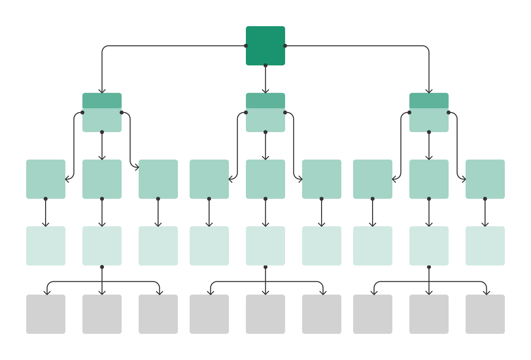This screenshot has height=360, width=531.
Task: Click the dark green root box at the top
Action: (265, 46)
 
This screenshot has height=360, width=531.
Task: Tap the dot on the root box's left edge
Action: (246, 46)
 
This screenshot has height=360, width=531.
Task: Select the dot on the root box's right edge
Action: (285, 46)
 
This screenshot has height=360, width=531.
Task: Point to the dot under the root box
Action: (265, 65)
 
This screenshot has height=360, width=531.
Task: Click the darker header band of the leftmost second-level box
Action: (102, 100)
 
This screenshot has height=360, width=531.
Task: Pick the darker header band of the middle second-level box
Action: (265, 100)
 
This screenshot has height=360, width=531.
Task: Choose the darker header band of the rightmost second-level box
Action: (429, 100)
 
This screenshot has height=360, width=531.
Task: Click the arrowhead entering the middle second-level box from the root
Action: (265, 91)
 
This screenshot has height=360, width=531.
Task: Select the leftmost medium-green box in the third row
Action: (46, 179)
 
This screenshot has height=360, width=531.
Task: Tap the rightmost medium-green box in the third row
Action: (485, 179)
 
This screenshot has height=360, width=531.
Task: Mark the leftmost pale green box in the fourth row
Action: (46, 246)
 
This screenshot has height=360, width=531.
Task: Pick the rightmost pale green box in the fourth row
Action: (485, 246)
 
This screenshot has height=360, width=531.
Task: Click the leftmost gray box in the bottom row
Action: (46, 314)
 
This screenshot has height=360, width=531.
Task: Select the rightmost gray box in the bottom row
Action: (485, 314)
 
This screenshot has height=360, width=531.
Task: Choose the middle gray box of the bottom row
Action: (265, 314)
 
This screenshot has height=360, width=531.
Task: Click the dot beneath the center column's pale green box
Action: (265, 267)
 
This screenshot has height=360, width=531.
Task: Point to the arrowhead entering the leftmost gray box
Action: (47, 293)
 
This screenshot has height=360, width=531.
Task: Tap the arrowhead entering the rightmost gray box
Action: (487, 293)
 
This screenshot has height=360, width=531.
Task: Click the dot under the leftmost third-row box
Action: (45, 199)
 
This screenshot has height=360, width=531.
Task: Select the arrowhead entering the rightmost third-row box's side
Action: (464, 179)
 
